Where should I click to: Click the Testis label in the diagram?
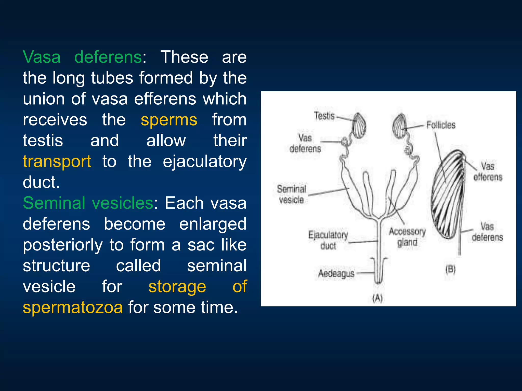pyautogui.click(x=324, y=116)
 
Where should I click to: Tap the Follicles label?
pyautogui.click(x=441, y=125)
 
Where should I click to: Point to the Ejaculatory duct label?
pyautogui.click(x=328, y=240)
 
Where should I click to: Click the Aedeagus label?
pyautogui.click(x=336, y=274)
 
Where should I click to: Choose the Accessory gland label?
pyautogui.click(x=407, y=237)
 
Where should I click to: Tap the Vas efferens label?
pyautogui.click(x=488, y=172)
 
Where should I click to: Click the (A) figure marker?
pyautogui.click(x=377, y=298)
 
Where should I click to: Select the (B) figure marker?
pyautogui.click(x=450, y=269)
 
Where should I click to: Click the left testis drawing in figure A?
pyautogui.click(x=360, y=125)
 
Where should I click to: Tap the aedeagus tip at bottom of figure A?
pyautogui.click(x=379, y=280)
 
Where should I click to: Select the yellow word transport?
pyautogui.click(x=57, y=161)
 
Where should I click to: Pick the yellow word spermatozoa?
pyautogui.click(x=73, y=307)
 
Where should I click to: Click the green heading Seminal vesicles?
pyautogui.click(x=88, y=203)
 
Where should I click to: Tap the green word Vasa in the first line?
pyautogui.click(x=42, y=57)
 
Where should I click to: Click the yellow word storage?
pyautogui.click(x=177, y=286)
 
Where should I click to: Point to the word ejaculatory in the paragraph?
pyautogui.click(x=204, y=161)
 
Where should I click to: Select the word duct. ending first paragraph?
pyautogui.click(x=41, y=182)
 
